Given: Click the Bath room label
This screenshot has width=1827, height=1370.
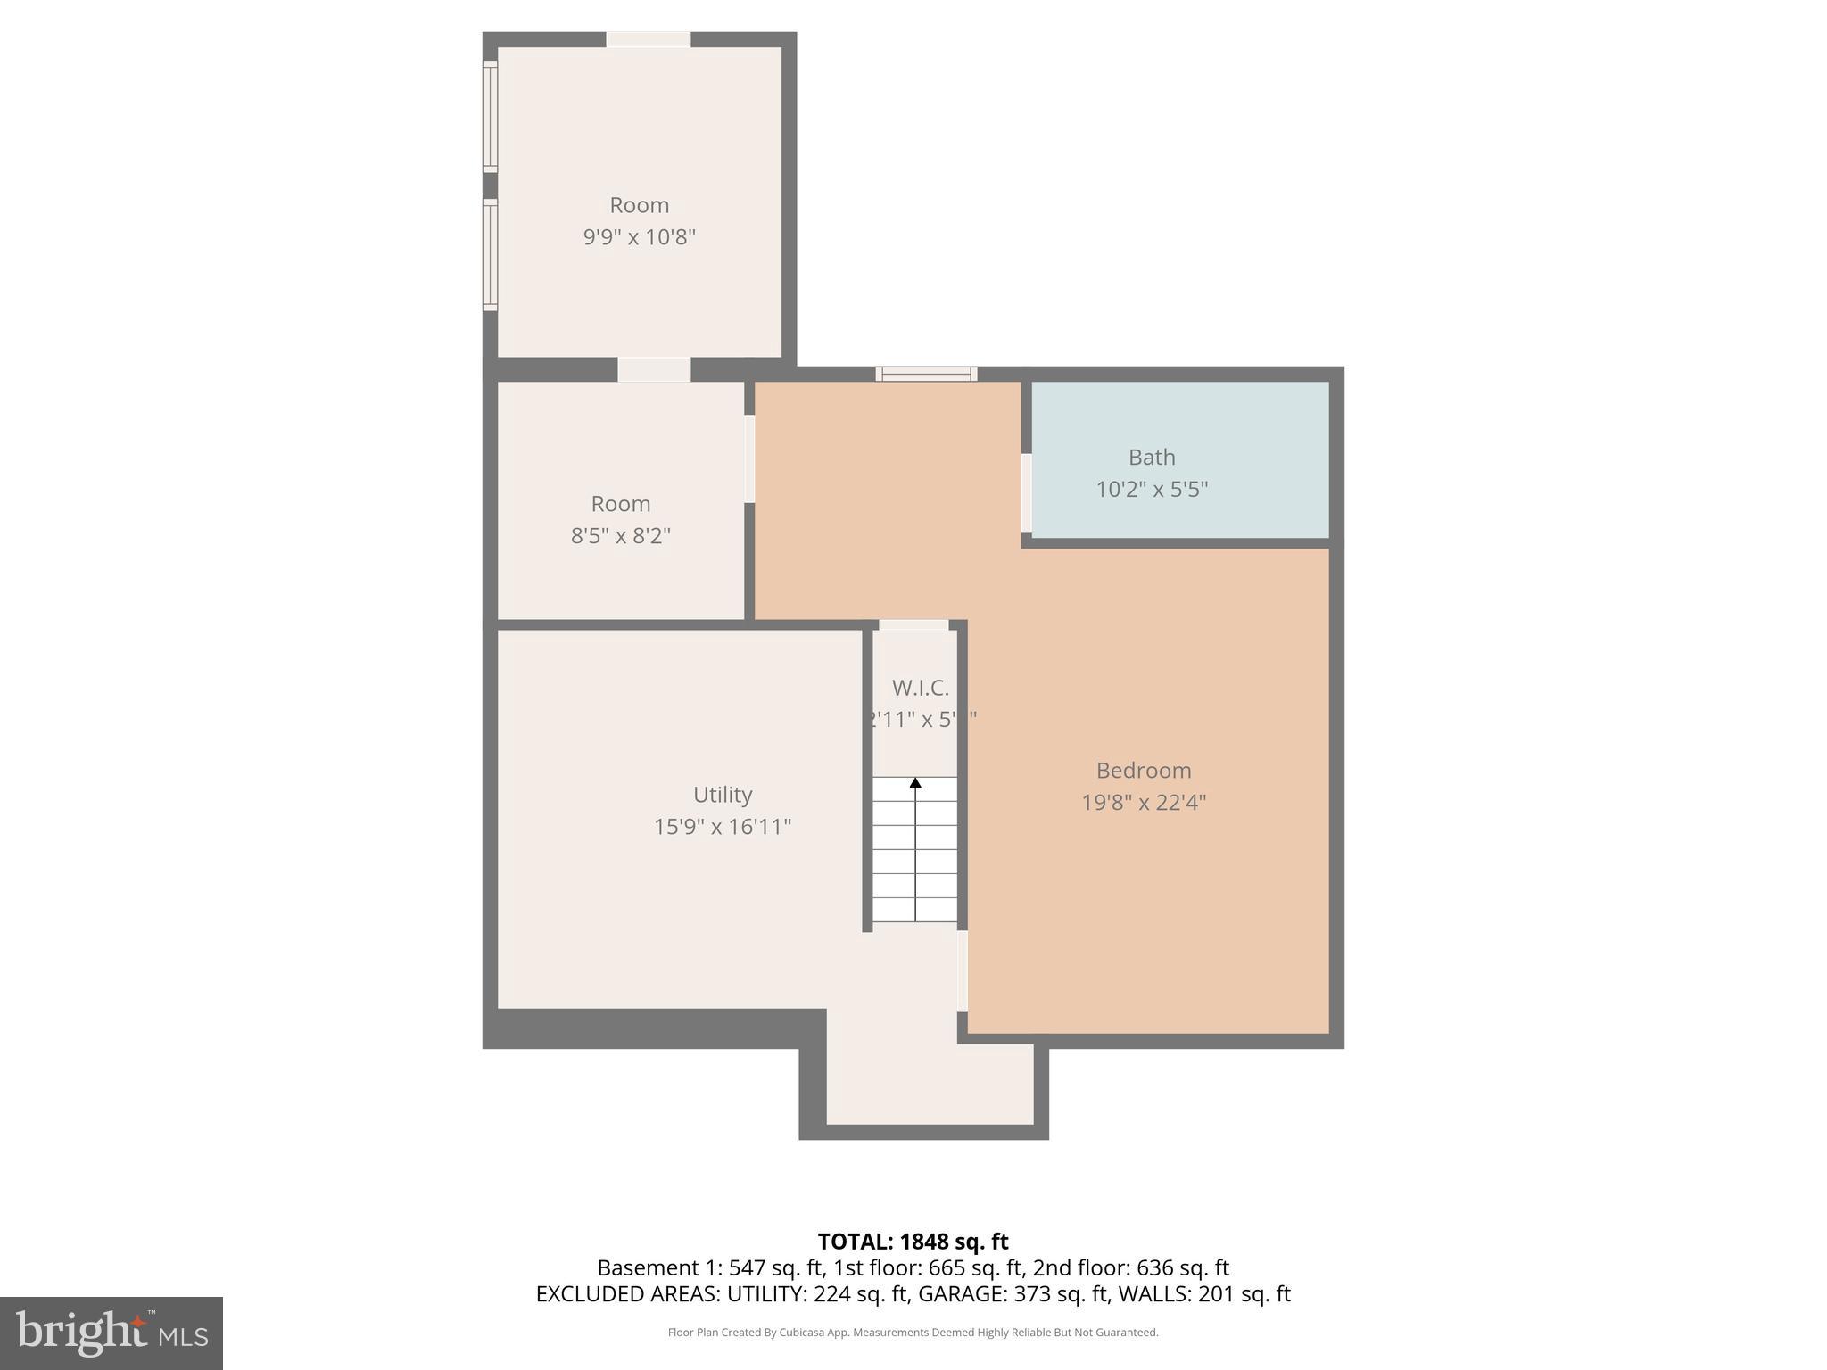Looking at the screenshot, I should point(1151,458).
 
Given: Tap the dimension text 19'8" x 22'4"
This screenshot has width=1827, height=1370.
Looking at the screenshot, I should point(1143,803).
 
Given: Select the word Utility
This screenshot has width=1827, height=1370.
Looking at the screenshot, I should point(723,795).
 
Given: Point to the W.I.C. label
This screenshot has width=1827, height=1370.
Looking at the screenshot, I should point(920,689).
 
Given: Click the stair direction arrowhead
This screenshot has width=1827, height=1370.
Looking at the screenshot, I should point(915,783).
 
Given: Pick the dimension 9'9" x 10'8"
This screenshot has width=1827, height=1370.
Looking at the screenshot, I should point(639,237).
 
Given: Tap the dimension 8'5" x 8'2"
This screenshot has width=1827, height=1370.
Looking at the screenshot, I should point(620,536).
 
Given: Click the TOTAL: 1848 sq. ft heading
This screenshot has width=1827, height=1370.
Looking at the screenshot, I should point(913,1242).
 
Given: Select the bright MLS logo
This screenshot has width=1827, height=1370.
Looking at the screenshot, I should point(112,1333).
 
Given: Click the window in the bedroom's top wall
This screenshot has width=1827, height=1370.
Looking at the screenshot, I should point(926,375).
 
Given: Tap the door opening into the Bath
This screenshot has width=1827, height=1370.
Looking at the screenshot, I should point(1027,493).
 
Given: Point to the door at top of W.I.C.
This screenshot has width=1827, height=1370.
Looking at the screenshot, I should point(913,625).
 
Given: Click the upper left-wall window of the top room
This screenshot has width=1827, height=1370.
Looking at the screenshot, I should point(490,116).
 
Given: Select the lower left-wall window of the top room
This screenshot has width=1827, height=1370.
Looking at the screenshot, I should point(490,255).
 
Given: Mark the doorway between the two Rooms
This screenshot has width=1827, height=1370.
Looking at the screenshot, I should point(654,369).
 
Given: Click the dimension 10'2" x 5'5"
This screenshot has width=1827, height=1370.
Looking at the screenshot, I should point(1151,490).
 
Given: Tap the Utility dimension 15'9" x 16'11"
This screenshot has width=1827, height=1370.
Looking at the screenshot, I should point(723,827).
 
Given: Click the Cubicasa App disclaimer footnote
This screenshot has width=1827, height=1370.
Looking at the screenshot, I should point(913,1333).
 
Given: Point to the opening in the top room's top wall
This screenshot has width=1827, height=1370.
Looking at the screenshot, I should point(649,39).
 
